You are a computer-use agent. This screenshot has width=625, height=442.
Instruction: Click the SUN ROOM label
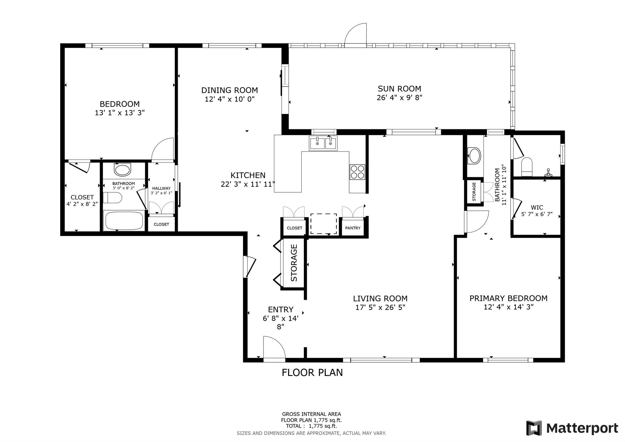(x=399, y=89)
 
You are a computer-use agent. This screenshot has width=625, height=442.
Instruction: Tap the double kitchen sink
(x=323, y=143)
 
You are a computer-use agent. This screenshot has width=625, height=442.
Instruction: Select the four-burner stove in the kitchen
(x=357, y=172)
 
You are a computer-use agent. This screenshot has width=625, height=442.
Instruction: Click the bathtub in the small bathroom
(x=124, y=220)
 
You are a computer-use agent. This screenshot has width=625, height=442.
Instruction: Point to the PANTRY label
(x=352, y=228)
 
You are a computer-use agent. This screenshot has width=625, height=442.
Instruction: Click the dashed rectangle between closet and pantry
(x=323, y=224)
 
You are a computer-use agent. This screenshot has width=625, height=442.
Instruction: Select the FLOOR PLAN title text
(x=312, y=372)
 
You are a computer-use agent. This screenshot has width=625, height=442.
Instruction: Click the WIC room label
(x=536, y=208)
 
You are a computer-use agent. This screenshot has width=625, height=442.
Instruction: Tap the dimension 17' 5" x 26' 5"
(x=380, y=307)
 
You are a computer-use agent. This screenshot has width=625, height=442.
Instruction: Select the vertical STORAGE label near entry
(x=294, y=263)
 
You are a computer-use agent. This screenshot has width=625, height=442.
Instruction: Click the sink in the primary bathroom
(x=474, y=156)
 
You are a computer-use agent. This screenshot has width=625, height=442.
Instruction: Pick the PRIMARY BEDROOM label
(x=508, y=298)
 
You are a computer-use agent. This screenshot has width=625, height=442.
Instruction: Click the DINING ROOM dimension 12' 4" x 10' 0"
(x=229, y=99)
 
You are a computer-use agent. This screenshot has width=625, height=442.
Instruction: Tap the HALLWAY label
(x=161, y=188)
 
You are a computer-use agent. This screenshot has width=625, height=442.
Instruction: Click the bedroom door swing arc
(x=163, y=149)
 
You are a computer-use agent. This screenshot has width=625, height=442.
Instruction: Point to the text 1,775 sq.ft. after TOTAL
(x=323, y=426)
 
